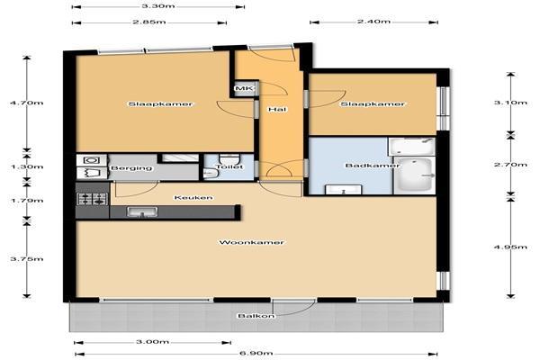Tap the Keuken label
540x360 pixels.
click(x=193, y=197)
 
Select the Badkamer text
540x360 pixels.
click(x=361, y=166)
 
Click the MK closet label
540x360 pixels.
click(x=242, y=88)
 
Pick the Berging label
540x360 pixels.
click(x=130, y=168)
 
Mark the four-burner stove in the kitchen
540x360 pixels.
click(x=92, y=197)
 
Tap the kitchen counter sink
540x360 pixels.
click(x=142, y=212)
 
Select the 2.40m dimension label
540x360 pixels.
click(x=373, y=21)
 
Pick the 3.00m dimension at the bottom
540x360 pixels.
click(x=153, y=342)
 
